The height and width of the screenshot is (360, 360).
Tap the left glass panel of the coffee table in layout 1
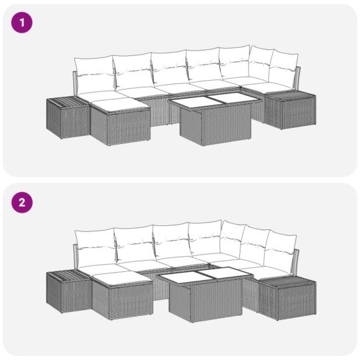[x=191, y=101]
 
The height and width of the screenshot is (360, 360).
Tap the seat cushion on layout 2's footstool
[x=120, y=277]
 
